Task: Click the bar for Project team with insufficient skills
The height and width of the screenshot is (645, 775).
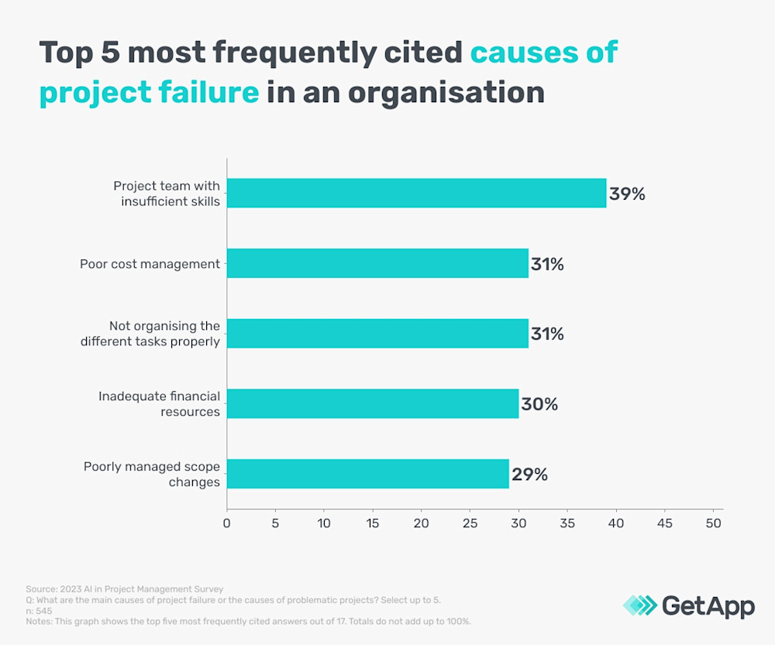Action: click(416, 193)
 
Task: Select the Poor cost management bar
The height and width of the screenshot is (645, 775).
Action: click(377, 263)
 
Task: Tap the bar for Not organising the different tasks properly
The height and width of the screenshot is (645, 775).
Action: click(377, 333)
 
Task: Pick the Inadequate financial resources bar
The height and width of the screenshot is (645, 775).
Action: click(373, 403)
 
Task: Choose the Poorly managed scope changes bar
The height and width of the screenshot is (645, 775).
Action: click(368, 473)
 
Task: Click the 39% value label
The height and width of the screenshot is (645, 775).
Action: click(627, 194)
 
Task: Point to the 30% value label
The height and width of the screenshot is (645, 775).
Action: click(539, 404)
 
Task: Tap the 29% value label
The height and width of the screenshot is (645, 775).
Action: click(529, 474)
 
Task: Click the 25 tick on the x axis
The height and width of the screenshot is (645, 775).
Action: click(470, 523)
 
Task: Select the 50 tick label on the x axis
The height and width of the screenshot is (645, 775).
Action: click(714, 523)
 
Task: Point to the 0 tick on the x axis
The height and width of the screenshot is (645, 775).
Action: click(227, 523)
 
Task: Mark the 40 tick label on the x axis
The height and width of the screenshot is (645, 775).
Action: click(616, 523)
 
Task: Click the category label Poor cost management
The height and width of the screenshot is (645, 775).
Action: click(150, 264)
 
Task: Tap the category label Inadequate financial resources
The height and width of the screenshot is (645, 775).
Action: click(159, 403)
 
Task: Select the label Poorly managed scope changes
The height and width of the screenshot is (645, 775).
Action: click(152, 474)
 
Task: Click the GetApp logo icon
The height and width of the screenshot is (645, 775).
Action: click(639, 606)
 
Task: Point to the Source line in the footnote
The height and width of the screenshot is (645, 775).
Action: click(125, 590)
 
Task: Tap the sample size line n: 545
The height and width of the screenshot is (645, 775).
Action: click(39, 610)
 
